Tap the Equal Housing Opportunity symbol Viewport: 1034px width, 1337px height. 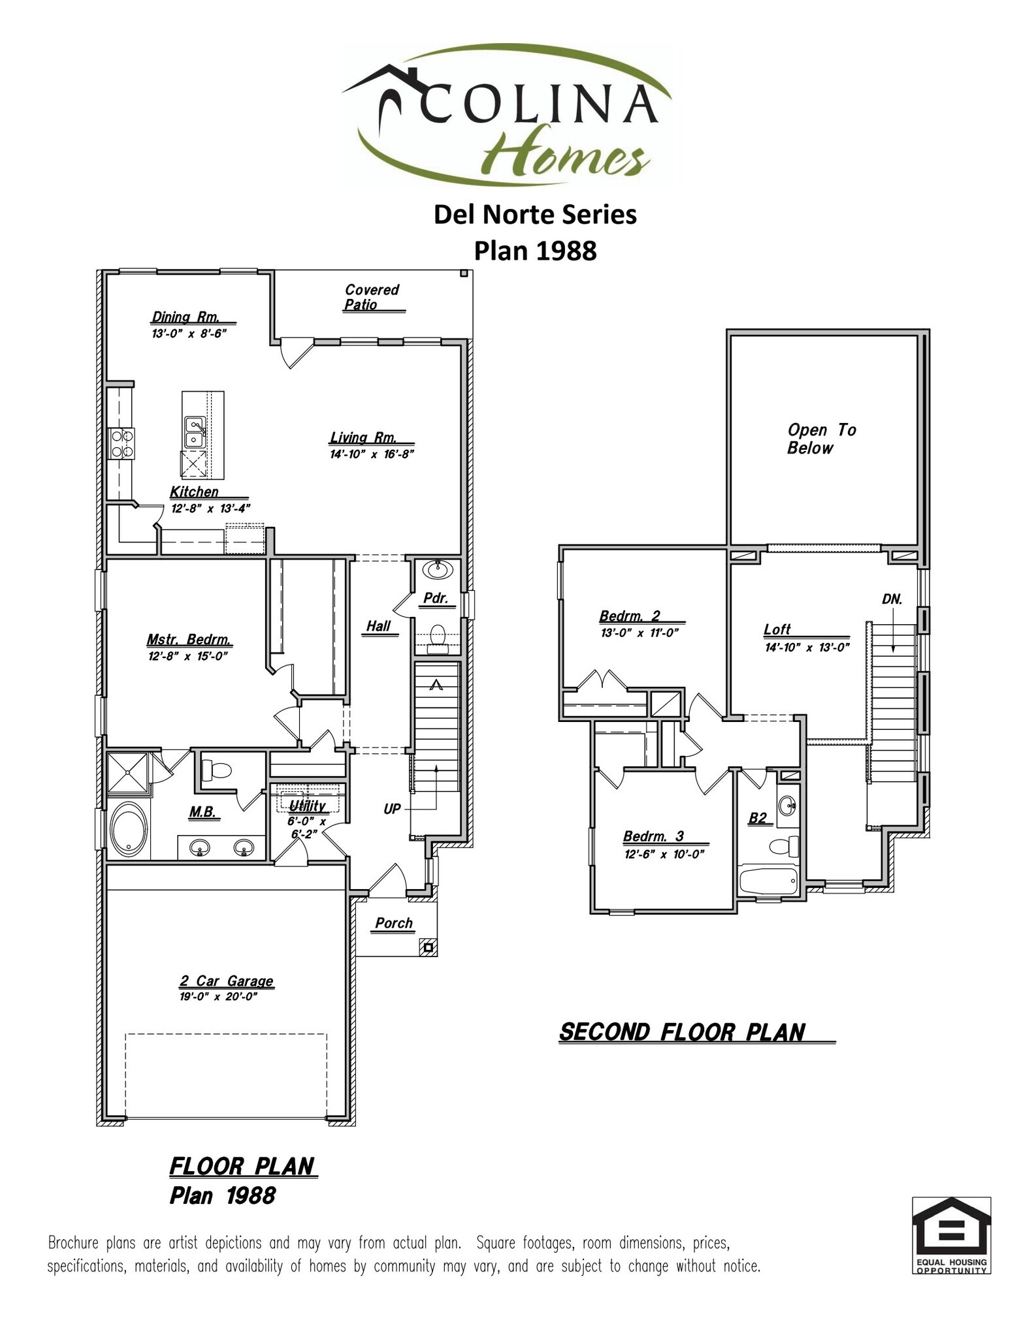[x=950, y=1234]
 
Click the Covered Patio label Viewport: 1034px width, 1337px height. [x=372, y=297]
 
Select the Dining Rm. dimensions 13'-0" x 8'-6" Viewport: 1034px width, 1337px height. [x=189, y=334]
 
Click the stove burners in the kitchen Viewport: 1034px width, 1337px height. [x=122, y=443]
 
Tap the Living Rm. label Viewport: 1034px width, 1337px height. [x=363, y=438]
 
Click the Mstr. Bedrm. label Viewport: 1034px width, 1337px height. [x=189, y=640]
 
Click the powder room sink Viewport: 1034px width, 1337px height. [x=438, y=570]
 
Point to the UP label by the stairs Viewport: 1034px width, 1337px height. [x=392, y=810]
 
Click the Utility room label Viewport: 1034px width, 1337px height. [x=307, y=806]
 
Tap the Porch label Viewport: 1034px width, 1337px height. [x=394, y=923]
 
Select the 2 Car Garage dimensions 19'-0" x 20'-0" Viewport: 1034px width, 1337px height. [x=219, y=997]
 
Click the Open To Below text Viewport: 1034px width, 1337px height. [x=820, y=439]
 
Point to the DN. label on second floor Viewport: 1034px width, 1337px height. [x=892, y=599]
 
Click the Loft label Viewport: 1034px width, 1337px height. [x=777, y=629]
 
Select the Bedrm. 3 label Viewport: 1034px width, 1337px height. [x=653, y=836]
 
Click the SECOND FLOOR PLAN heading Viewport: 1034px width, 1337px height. [x=683, y=1032]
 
